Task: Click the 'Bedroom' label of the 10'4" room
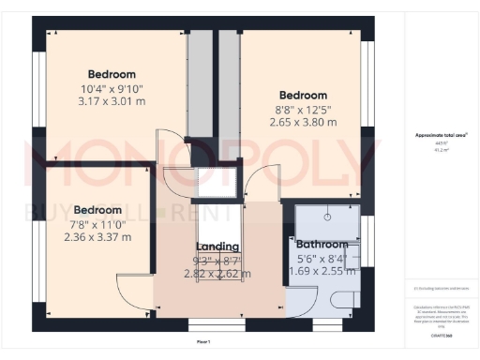coord(112,74)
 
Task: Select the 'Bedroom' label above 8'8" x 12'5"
coord(303,96)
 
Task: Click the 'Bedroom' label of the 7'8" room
coord(97,209)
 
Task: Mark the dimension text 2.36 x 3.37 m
coord(97,237)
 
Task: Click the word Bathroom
coord(322,247)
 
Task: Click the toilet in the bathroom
coord(343,299)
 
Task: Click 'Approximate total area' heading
coord(442,135)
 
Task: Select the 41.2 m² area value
coord(441,149)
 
